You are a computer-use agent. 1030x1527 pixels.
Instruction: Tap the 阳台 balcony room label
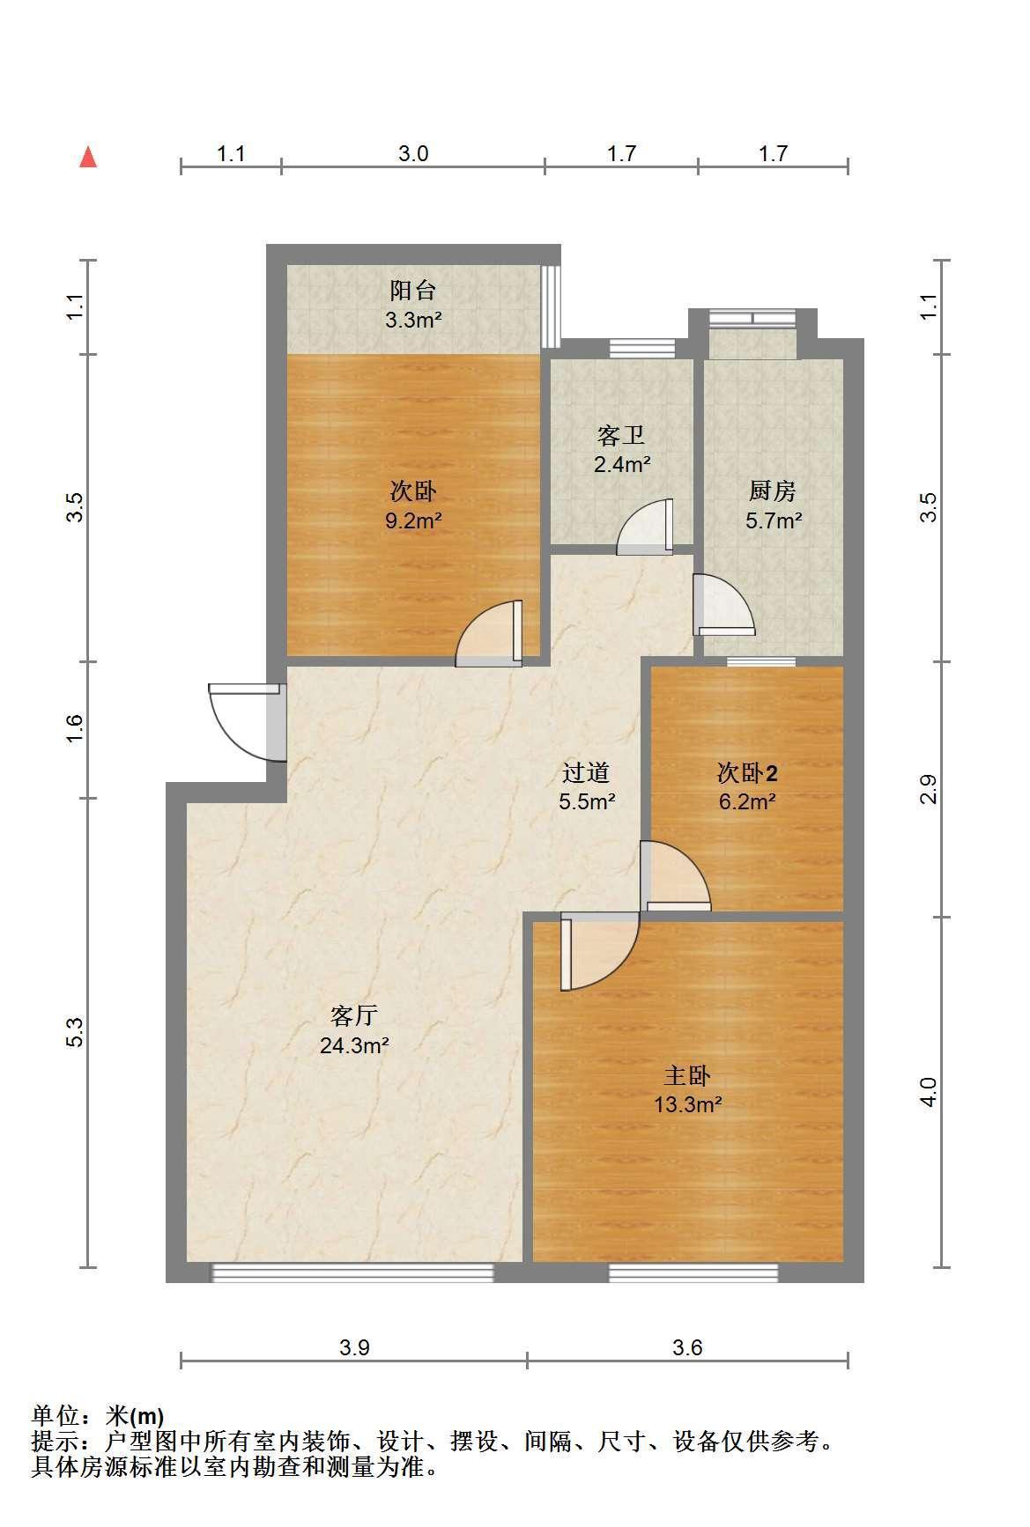tap(412, 290)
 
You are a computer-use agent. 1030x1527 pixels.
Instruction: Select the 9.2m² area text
tap(412, 520)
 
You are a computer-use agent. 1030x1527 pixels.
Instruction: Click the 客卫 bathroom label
tap(621, 435)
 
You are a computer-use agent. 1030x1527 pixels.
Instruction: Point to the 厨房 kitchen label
tap(773, 491)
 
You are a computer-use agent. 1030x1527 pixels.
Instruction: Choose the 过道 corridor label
tap(586, 773)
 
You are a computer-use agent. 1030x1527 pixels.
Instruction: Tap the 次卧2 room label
tap(747, 773)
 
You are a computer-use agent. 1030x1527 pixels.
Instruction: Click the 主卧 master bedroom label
tap(687, 1075)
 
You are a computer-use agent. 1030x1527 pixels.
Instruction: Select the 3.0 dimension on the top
tap(412, 154)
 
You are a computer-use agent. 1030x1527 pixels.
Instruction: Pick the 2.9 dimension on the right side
tap(928, 789)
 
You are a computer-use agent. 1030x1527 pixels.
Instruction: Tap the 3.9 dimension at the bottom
tap(354, 1347)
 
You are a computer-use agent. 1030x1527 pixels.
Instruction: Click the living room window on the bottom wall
tap(352, 1272)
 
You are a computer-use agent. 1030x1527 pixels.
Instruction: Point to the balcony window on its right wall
tap(551, 306)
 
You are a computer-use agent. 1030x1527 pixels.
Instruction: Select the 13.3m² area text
tap(688, 1104)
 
